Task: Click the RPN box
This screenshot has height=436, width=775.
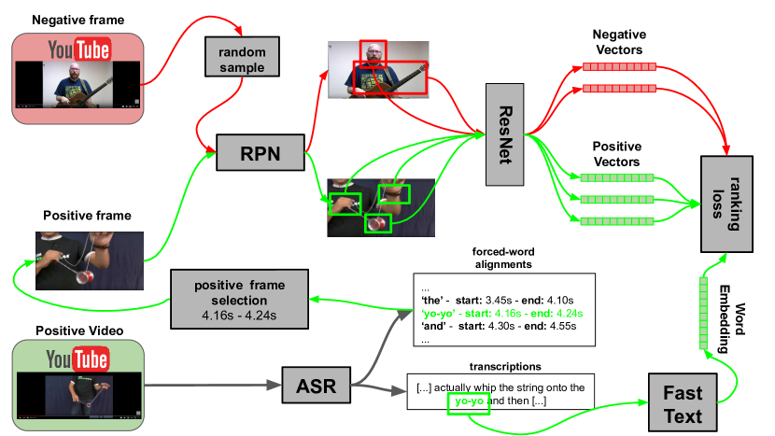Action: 260,152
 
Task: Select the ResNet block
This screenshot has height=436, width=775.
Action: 504,134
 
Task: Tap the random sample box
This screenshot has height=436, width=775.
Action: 242,56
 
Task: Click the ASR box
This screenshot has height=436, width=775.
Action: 317,385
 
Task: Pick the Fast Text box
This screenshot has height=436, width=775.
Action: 683,403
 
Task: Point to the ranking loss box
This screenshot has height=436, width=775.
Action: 726,204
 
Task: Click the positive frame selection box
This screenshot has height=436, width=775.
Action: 239,299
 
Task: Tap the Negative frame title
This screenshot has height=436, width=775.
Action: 78,20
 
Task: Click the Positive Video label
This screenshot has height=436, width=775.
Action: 79,331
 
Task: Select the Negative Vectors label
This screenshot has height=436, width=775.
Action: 619,42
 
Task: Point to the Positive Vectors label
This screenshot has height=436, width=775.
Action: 617,154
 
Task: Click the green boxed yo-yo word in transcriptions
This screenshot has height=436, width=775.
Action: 469,403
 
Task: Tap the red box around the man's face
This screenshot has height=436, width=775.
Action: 373,54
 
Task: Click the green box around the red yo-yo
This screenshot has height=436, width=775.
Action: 378,224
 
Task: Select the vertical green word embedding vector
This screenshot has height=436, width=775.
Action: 703,314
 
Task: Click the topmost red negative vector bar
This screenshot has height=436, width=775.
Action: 619,66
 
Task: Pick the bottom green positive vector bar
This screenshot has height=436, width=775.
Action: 617,221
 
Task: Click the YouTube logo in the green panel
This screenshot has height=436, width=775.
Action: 77,359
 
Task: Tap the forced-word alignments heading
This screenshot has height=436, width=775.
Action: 503,258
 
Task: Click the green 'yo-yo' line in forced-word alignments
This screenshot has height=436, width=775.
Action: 502,314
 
